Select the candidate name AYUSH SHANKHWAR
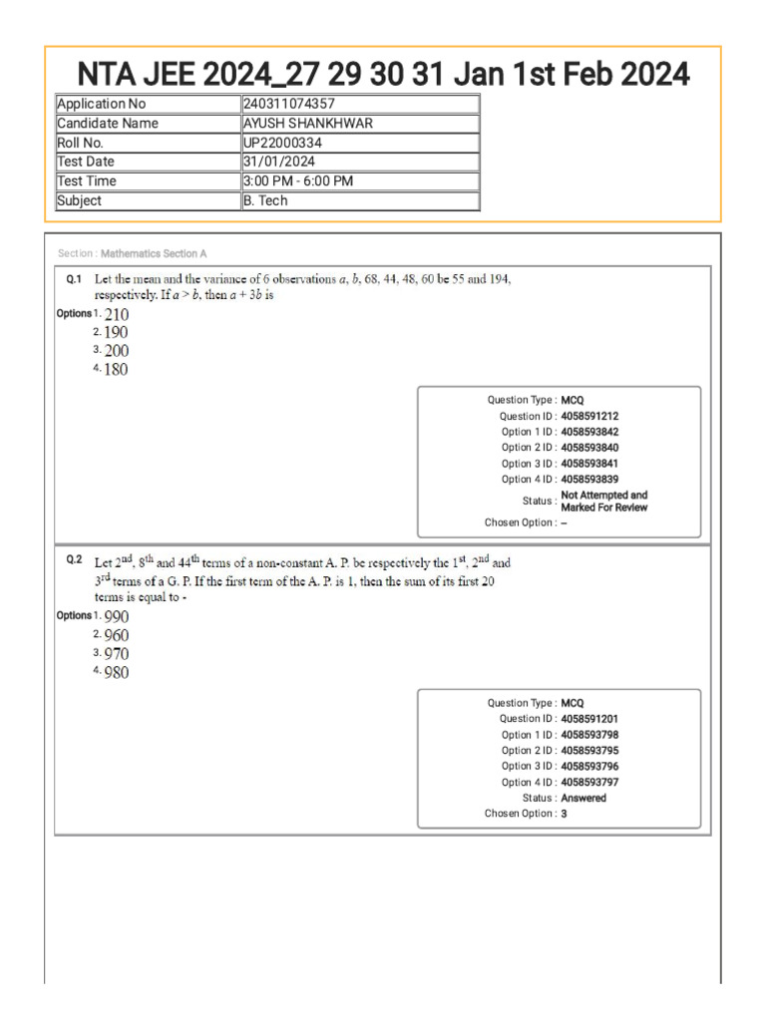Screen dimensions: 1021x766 coord(309,124)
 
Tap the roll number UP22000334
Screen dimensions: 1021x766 coord(282,143)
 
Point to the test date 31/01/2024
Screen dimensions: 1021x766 coord(279,162)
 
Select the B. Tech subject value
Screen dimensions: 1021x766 coord(265,200)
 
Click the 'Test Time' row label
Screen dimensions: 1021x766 coord(87,181)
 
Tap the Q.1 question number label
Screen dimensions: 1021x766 coord(74,280)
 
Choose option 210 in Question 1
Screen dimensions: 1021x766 coord(116,314)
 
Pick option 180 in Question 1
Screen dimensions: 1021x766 coord(116,370)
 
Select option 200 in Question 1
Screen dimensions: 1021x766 coord(116,351)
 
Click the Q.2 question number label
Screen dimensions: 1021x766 coord(74,560)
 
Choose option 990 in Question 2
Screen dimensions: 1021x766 coord(116,616)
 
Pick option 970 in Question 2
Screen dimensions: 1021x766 coord(116,654)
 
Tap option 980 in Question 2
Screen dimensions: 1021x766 coord(116,673)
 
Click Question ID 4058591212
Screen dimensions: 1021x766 coord(596,416)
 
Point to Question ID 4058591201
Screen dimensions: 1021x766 coord(596,719)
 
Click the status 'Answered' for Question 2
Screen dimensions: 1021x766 coord(583,798)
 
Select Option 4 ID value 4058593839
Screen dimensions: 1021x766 coord(596,480)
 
